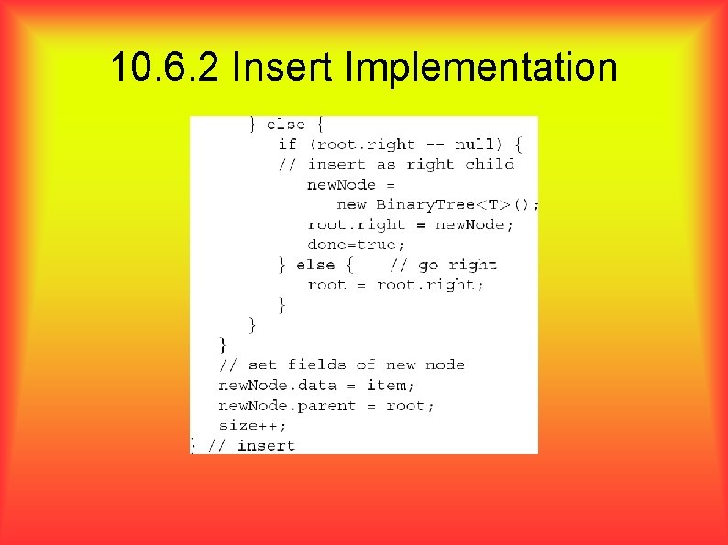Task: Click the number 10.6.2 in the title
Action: click(164, 67)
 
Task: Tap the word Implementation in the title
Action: click(481, 67)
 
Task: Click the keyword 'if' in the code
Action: click(287, 144)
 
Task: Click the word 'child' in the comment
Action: click(490, 164)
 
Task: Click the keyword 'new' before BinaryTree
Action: click(351, 204)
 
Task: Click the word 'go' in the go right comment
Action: click(428, 265)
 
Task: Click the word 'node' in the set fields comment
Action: click(445, 365)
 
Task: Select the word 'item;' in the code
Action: click(391, 386)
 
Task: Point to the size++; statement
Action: click(252, 425)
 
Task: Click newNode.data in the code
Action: click(278, 386)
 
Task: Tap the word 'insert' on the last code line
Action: click(266, 445)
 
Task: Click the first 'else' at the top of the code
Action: click(285, 124)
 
